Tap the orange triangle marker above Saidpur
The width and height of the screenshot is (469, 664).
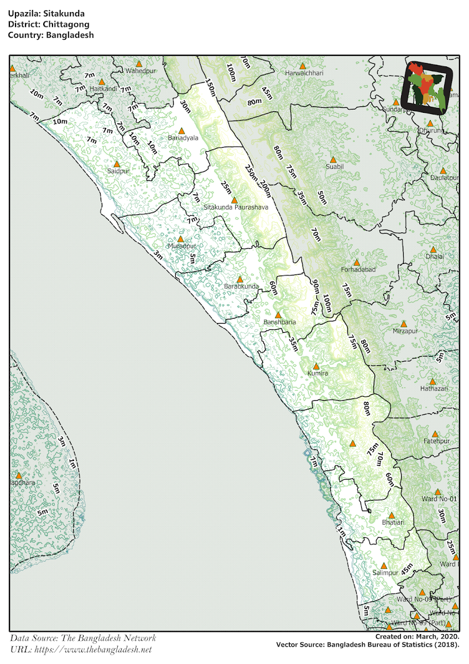pyautogui.click(x=117, y=164)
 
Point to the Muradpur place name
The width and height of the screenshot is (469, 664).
pyautogui.click(x=182, y=246)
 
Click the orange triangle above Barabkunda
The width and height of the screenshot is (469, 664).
pyautogui.click(x=239, y=279)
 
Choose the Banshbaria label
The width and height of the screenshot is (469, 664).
pyautogui.click(x=279, y=322)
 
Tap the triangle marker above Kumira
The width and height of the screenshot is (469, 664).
pyautogui.click(x=316, y=366)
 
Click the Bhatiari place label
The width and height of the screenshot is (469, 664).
pyautogui.click(x=393, y=522)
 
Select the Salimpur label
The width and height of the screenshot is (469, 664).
pyautogui.click(x=385, y=573)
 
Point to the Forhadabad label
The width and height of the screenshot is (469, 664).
pyautogui.click(x=358, y=269)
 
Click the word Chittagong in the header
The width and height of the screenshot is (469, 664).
pyautogui.click(x=54, y=24)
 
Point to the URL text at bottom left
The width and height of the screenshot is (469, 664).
pyautogui.click(x=80, y=650)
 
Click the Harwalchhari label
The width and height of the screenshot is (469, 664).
pyautogui.click(x=304, y=73)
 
